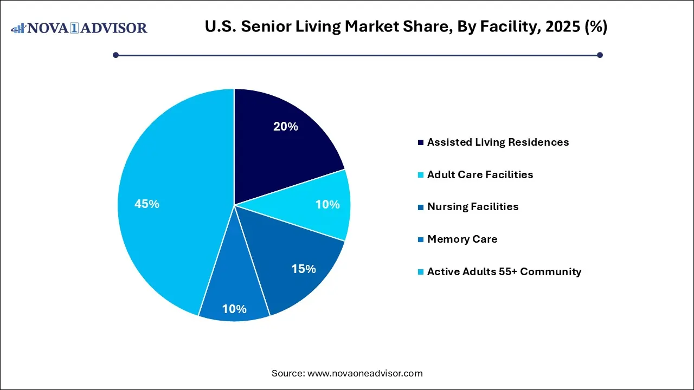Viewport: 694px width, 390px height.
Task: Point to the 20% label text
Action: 286,127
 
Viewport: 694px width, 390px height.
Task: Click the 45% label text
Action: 147,204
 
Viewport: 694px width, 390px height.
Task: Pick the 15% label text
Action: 304,269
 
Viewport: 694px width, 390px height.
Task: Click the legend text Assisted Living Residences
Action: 498,142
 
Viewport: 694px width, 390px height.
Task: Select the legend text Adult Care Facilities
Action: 480,174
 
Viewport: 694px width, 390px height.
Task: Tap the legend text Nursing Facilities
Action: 473,207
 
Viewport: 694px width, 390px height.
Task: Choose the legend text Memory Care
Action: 462,239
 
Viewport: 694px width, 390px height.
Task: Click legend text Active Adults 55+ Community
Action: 504,272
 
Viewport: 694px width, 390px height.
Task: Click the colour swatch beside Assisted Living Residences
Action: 421,142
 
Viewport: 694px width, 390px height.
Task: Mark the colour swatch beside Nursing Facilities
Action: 421,207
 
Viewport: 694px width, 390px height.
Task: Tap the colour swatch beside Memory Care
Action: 421,239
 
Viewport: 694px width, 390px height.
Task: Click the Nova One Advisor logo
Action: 79,28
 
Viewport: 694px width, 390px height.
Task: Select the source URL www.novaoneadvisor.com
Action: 365,373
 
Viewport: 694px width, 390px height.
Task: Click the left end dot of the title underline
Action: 115,55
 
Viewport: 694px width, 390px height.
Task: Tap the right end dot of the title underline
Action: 600,55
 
